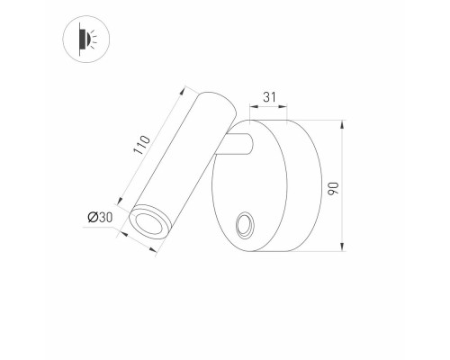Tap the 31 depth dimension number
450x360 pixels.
click(269, 95)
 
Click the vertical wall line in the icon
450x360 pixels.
click(79, 40)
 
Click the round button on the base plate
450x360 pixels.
click(244, 225)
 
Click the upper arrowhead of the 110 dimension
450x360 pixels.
click(186, 87)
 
